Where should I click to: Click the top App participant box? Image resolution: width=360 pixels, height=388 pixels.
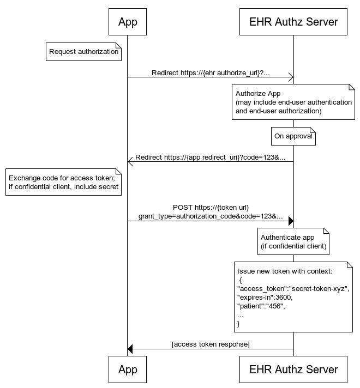click(128, 22)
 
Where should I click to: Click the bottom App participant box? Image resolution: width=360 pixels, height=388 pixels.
click(128, 369)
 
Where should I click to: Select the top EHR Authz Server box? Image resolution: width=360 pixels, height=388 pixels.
click(293, 22)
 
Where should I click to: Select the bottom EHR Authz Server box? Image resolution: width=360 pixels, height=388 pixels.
click(293, 369)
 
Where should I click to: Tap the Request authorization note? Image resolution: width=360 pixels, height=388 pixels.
click(83, 52)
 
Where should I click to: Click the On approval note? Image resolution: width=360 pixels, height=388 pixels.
click(293, 136)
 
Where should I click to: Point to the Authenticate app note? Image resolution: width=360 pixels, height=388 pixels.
click(293, 241)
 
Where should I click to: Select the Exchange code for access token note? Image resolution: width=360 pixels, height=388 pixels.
click(63, 183)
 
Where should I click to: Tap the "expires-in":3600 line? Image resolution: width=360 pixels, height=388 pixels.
click(265, 297)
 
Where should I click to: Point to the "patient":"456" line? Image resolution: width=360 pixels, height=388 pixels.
click(261, 306)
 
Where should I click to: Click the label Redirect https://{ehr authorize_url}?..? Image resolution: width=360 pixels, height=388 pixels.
click(211, 72)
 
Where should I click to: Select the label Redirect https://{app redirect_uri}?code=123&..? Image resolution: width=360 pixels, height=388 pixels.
click(211, 157)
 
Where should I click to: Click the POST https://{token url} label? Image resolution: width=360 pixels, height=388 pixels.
click(211, 208)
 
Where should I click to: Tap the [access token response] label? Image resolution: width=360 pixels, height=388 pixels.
click(211, 344)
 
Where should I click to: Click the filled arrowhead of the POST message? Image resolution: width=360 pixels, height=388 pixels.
click(291, 221)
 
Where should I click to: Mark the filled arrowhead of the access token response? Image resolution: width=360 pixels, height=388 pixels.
click(130, 349)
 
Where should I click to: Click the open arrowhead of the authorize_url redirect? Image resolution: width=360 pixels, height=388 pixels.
click(291, 77)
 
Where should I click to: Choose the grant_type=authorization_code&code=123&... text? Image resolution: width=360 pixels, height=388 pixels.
click(211, 216)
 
